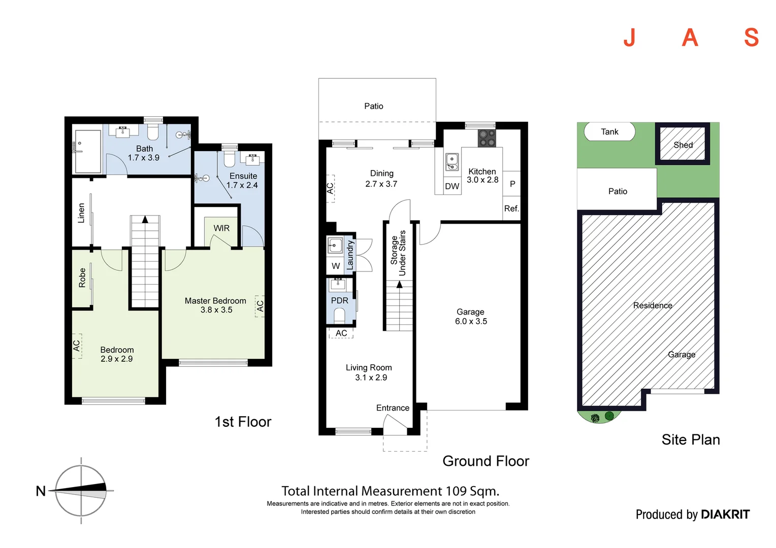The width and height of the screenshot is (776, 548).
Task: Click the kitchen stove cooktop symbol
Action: [x=487, y=138]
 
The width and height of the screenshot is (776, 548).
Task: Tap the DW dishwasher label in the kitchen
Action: [x=452, y=186]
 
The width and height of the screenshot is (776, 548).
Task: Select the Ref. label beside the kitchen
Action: [x=511, y=209]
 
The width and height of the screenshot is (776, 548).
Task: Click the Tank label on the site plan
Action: [x=609, y=131]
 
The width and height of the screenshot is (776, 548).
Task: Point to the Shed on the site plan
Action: [x=683, y=143]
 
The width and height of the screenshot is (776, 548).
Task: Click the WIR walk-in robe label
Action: [x=221, y=228]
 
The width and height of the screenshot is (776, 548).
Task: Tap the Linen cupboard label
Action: [x=81, y=213]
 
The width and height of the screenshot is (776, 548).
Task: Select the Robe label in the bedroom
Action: [x=82, y=278]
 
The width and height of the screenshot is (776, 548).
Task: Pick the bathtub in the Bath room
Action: [x=88, y=151]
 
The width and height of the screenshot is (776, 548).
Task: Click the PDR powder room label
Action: [x=339, y=300]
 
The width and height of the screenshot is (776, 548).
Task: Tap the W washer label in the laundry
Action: [x=336, y=266]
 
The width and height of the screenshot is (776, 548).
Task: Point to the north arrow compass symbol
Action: [x=81, y=491]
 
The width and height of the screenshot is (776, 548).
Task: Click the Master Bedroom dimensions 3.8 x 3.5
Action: [x=216, y=310]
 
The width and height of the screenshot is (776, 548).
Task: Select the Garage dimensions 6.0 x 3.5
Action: [x=471, y=321]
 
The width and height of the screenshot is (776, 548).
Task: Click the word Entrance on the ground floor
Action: [x=393, y=408]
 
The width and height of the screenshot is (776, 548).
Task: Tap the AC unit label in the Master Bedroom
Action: [x=260, y=306]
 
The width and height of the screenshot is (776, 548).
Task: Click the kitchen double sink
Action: [x=452, y=162]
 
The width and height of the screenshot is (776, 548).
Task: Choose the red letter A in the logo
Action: [x=690, y=38]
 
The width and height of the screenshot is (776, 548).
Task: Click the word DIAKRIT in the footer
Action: [x=726, y=515]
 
